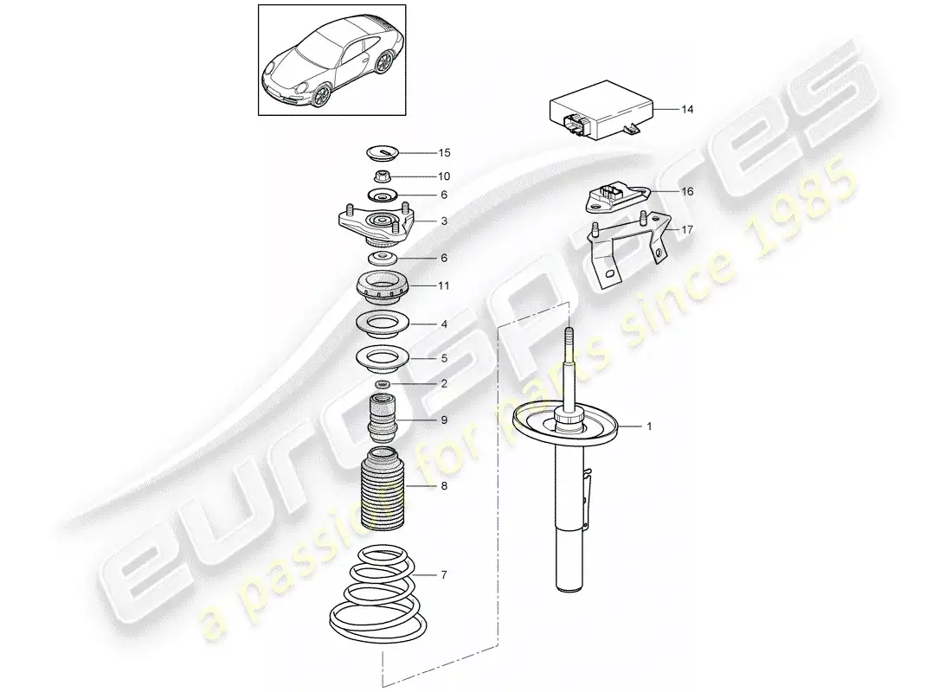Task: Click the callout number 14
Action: point(686,110)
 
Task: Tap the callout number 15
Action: point(445,153)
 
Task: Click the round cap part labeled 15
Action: point(382,153)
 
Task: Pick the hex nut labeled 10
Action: point(382,176)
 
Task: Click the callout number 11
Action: point(444,286)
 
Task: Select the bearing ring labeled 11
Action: point(383,291)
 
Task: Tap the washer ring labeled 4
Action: point(383,324)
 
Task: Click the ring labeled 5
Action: point(383,359)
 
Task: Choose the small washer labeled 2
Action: point(383,384)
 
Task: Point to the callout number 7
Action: point(444,575)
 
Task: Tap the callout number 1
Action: point(649,426)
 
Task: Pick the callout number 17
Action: point(686,230)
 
